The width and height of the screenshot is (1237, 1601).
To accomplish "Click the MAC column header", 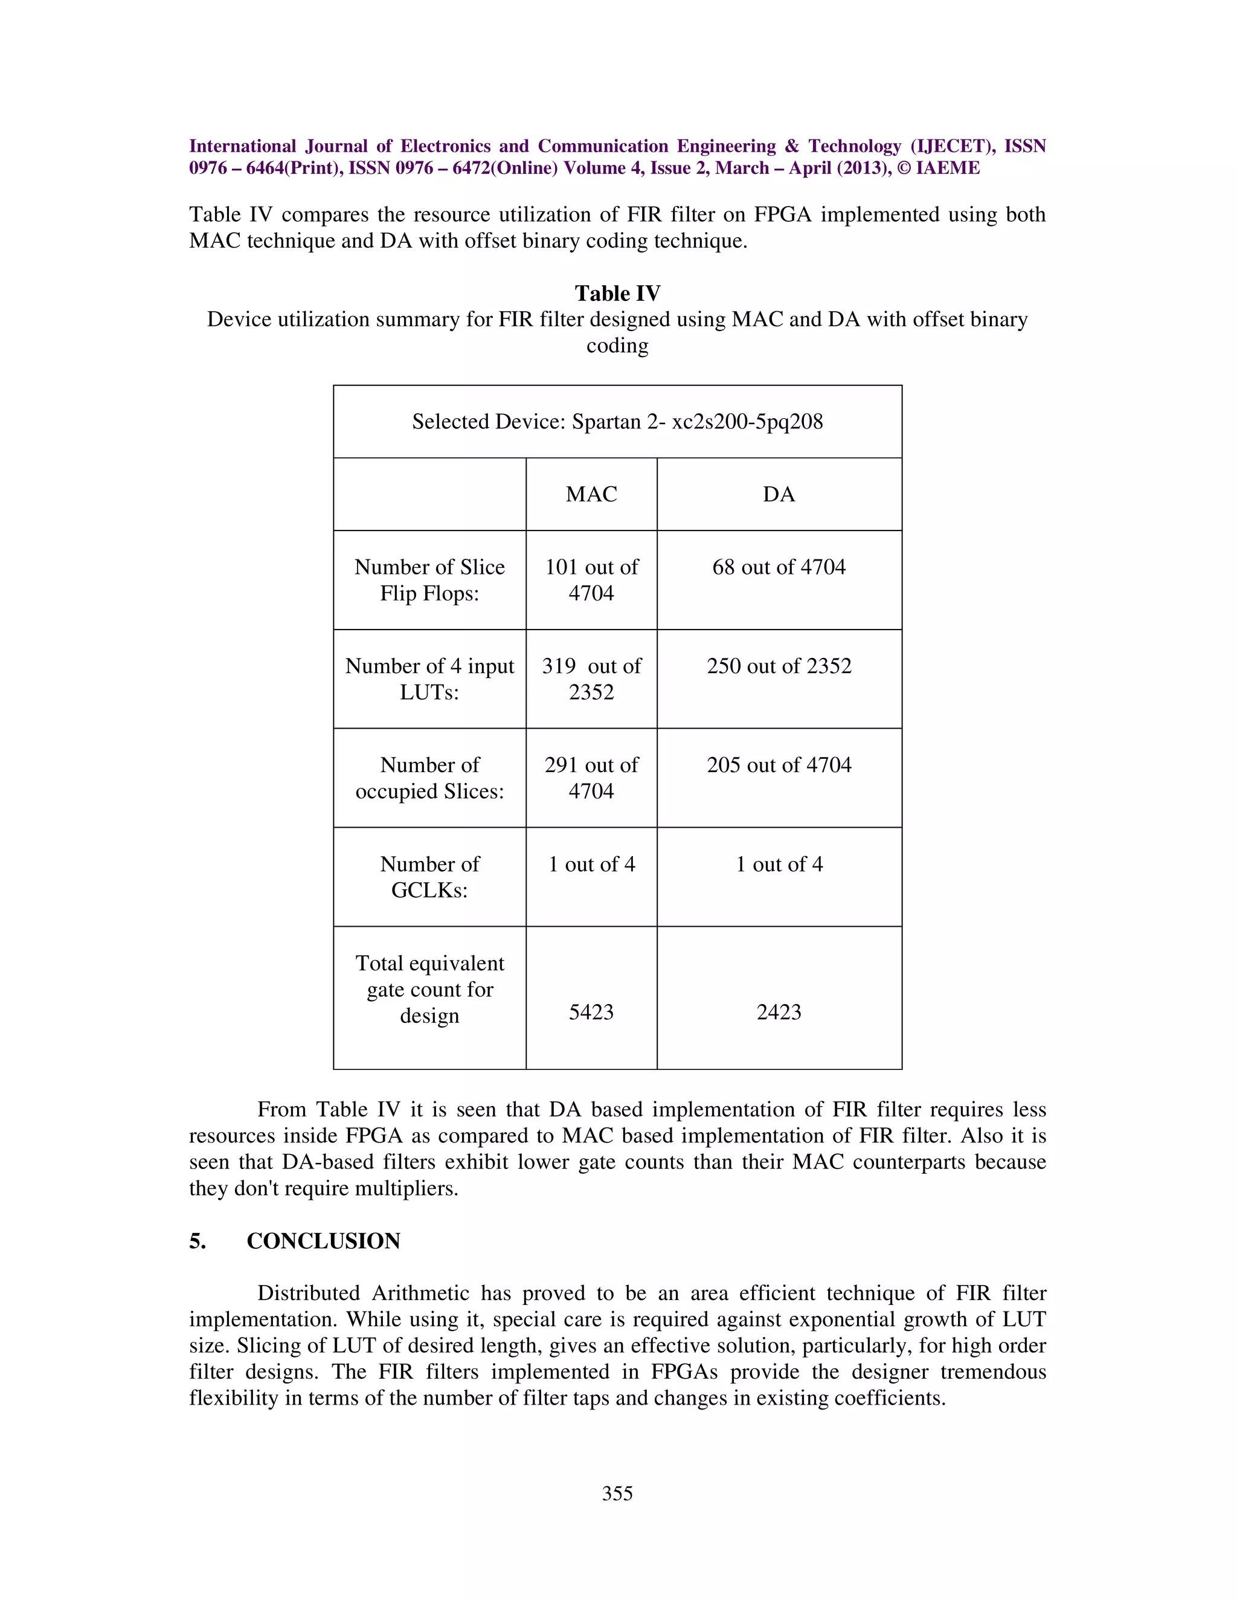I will click(591, 494).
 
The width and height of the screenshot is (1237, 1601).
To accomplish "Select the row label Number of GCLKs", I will click(429, 877).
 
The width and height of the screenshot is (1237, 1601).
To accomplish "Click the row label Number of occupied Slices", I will click(429, 778).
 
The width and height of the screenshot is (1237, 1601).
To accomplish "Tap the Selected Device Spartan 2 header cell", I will click(617, 422).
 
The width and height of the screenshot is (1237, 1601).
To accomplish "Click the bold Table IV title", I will click(617, 293).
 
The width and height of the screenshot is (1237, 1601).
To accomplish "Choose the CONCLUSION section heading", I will click(323, 1240).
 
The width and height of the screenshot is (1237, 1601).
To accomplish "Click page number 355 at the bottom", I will click(617, 1493).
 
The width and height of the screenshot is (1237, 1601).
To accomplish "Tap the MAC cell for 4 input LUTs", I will click(591, 679).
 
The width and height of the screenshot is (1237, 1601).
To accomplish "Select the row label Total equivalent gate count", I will click(429, 989).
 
